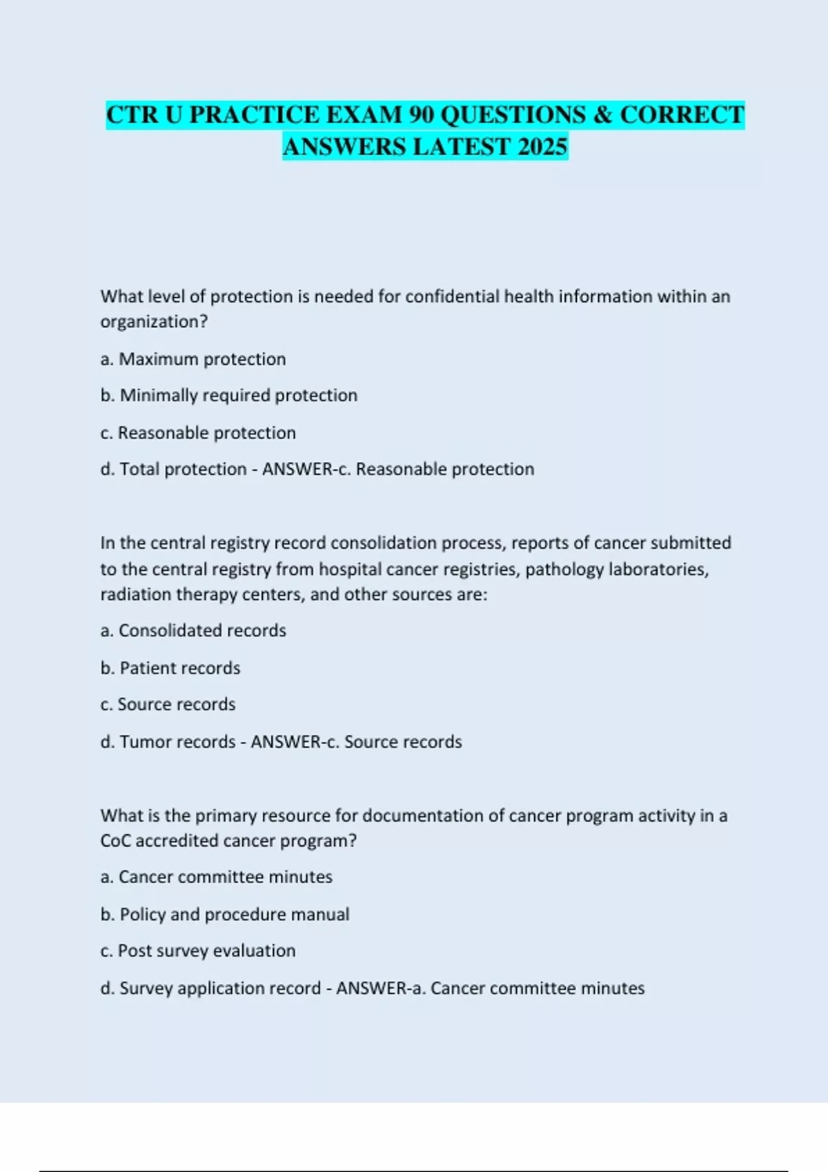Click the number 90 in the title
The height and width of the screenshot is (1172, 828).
point(421,114)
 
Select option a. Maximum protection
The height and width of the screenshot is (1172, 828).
point(193,359)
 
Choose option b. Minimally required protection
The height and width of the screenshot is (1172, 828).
point(229,396)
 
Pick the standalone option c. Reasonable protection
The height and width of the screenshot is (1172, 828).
point(198,433)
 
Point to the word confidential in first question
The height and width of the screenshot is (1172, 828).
point(452,296)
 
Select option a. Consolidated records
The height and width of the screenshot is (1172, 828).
point(193,631)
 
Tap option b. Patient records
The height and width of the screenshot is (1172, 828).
point(170,668)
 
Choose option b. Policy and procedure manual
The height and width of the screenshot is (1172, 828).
point(225,914)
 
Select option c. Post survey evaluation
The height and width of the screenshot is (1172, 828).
point(198,951)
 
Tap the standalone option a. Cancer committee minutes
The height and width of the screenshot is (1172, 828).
point(217,877)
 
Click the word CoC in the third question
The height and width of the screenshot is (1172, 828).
point(115,841)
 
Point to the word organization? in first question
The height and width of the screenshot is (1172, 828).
point(154,322)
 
